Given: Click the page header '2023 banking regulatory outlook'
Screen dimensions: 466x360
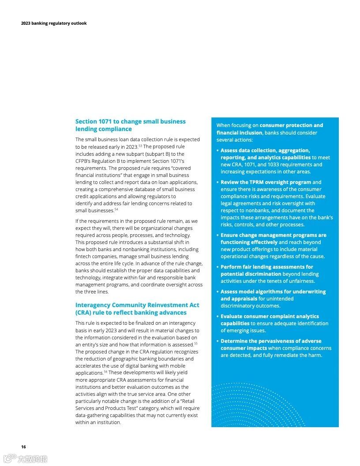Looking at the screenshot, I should point(54,23).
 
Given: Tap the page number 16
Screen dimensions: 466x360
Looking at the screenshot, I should point(23,447).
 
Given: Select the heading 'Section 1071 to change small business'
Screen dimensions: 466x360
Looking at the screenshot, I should point(131,121).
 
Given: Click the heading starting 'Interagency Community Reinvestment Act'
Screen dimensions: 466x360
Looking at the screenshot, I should point(137,305).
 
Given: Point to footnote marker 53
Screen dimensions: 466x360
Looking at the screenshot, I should point(140,145).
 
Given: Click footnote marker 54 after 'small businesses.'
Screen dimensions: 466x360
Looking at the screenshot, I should point(116,209).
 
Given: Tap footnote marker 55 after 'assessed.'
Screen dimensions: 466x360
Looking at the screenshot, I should point(195,343).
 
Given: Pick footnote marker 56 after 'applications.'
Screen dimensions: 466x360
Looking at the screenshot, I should point(105,372).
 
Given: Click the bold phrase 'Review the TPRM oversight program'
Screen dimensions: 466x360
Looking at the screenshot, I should point(266,182).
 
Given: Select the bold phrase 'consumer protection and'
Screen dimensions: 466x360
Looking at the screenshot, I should point(291,125).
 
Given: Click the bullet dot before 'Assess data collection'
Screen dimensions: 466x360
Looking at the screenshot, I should point(217,151).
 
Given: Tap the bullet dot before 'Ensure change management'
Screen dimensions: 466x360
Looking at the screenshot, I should point(217,236).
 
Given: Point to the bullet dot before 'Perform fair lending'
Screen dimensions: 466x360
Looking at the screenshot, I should point(217,267).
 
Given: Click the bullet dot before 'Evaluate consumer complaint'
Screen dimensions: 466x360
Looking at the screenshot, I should point(217,317).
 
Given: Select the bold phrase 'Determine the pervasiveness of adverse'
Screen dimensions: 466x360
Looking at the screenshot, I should point(271,341).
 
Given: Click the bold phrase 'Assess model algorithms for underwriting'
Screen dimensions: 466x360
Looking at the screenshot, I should point(273,292).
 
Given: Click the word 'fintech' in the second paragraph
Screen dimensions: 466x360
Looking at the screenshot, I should point(83,256).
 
